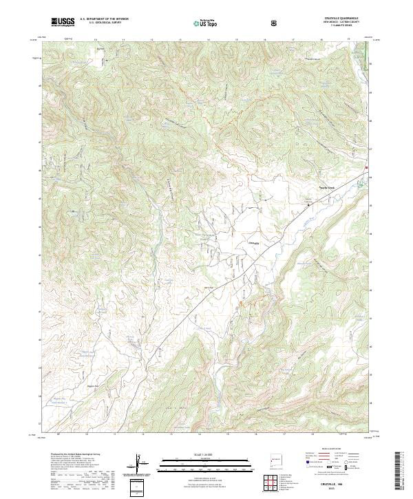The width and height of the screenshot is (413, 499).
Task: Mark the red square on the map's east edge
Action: pyautogui.click(x=367, y=167)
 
